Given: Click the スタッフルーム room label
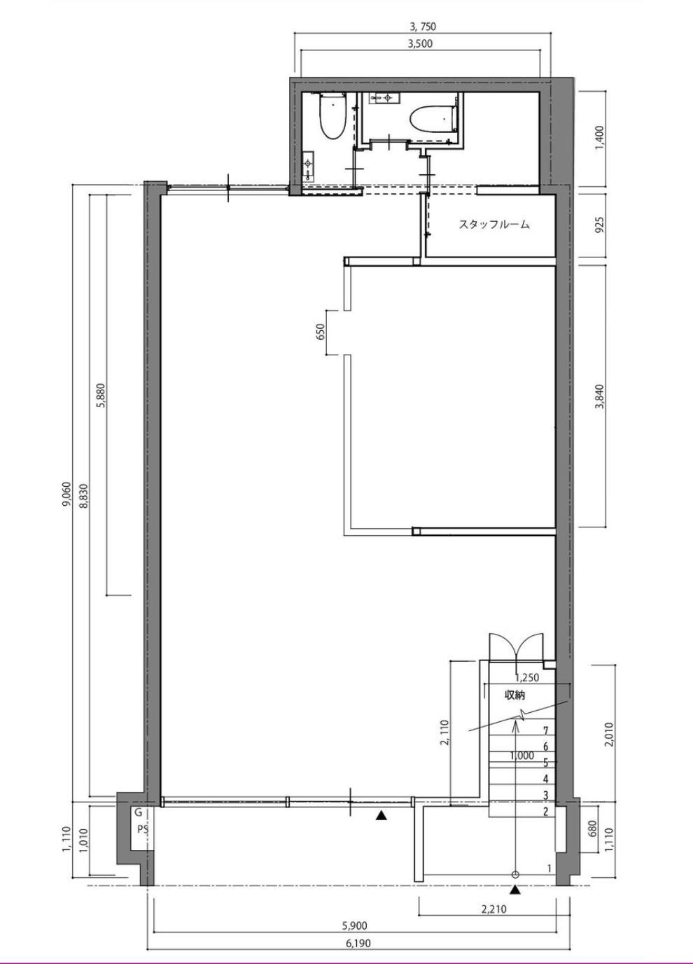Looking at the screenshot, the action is click(493, 225).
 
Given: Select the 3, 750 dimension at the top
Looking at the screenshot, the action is click(423, 27).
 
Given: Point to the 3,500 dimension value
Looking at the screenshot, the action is click(419, 43).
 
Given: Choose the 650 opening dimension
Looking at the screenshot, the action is click(321, 332).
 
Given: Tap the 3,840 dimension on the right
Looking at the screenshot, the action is click(599, 396).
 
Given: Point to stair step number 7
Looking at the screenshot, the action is click(546, 730).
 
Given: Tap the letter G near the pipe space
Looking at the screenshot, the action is click(139, 812).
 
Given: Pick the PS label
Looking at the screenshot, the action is click(143, 829).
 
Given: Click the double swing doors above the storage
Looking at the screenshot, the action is click(516, 646).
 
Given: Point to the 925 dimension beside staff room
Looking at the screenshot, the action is click(599, 225).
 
